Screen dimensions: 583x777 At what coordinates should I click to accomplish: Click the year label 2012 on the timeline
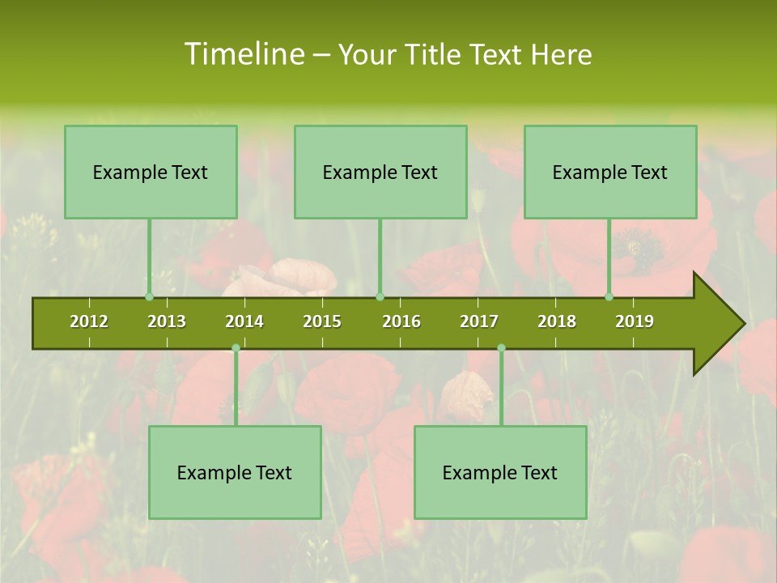click(x=89, y=321)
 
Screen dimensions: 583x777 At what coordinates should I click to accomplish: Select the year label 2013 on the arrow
click(x=167, y=321)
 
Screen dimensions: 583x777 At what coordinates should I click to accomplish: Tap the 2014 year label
click(x=244, y=321)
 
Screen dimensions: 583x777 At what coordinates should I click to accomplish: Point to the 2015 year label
click(x=322, y=321)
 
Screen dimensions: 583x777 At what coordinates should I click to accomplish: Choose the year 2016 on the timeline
click(x=401, y=321)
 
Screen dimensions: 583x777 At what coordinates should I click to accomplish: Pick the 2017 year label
click(x=479, y=321)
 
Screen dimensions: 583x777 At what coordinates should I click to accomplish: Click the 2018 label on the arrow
click(x=557, y=321)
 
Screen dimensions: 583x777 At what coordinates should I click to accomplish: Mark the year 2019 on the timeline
click(x=635, y=321)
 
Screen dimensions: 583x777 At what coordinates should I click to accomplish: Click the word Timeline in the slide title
click(x=243, y=54)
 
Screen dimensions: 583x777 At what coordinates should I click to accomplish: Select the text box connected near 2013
click(x=151, y=172)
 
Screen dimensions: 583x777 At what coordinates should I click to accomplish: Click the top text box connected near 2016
click(x=380, y=172)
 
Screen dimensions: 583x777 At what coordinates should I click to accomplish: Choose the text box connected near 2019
click(x=610, y=172)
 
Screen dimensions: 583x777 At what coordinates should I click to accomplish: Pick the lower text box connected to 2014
click(x=235, y=472)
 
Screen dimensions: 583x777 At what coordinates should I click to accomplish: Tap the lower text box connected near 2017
click(x=500, y=472)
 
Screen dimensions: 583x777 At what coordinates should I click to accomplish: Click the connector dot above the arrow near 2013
click(x=149, y=297)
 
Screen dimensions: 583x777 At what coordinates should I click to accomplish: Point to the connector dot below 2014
click(x=236, y=348)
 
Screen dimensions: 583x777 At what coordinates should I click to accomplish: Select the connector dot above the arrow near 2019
click(x=609, y=297)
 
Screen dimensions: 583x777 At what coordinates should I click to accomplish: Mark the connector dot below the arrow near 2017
click(x=501, y=348)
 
